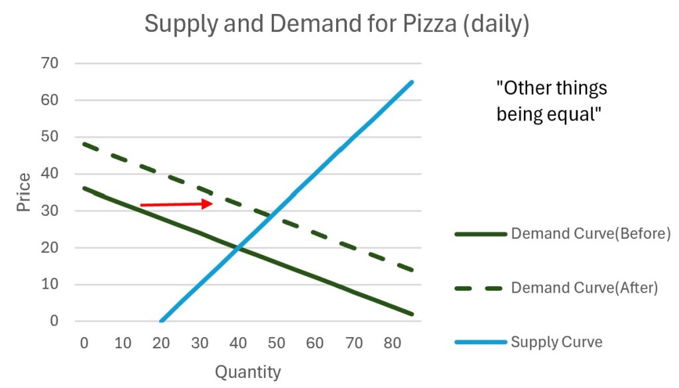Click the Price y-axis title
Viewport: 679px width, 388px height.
pyautogui.click(x=24, y=192)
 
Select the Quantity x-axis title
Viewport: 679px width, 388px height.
pyautogui.click(x=247, y=372)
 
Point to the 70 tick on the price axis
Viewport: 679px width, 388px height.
pyautogui.click(x=50, y=64)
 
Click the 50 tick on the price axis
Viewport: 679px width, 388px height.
pyautogui.click(x=50, y=137)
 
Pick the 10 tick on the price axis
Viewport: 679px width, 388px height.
pyautogui.click(x=50, y=285)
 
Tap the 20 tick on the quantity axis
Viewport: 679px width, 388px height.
pyautogui.click(x=161, y=343)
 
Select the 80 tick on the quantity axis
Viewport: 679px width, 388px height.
pyautogui.click(x=393, y=343)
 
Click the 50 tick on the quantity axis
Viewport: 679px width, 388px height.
pyautogui.click(x=277, y=343)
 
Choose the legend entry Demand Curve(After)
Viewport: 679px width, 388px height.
pyautogui.click(x=584, y=288)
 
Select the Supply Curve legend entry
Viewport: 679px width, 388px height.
pyautogui.click(x=556, y=342)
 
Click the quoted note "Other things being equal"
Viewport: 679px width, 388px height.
pyautogui.click(x=552, y=101)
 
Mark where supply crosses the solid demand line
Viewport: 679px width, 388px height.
pyautogui.click(x=239, y=248)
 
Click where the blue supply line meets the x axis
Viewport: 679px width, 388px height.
pyautogui.click(x=161, y=321)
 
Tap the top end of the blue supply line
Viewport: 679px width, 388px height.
pyautogui.click(x=412, y=82)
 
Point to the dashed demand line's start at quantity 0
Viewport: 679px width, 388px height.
pyautogui.click(x=84, y=144)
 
